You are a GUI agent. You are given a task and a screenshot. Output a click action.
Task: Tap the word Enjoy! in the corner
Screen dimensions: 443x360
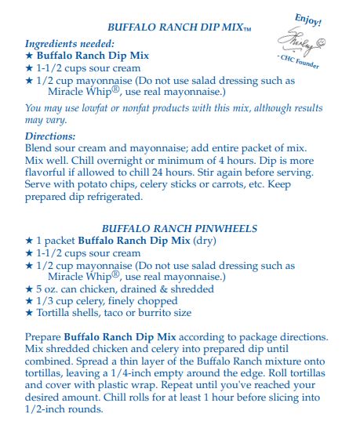(x=308, y=20)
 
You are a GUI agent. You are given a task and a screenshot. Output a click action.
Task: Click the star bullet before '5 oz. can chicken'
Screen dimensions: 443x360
(x=30, y=289)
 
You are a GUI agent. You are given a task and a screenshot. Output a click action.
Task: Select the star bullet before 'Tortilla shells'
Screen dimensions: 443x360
(x=30, y=313)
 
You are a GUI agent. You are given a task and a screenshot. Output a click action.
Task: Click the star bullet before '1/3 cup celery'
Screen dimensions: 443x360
(x=30, y=301)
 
